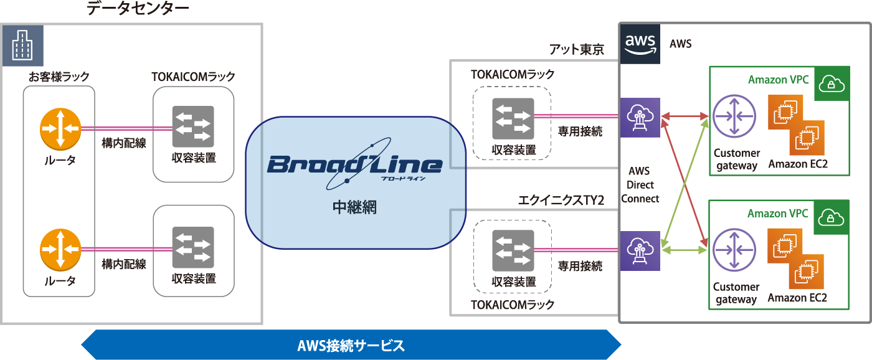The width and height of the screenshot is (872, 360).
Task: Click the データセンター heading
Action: pos(138,9)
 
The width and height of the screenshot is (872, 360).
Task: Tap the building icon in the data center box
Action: pos(22,45)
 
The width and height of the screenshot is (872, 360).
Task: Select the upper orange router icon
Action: pos(60,129)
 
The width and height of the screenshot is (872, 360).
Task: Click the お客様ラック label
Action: pos(59,77)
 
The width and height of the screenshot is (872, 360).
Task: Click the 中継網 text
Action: pos(354,207)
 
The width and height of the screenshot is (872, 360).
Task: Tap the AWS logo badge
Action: pos(640,44)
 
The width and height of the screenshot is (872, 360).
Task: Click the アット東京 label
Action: pos(577,50)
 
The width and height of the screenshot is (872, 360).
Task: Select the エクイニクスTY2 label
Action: pos(561,201)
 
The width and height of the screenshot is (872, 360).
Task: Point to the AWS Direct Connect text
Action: pos(640,185)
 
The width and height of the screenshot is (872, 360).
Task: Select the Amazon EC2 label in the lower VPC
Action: pos(797,298)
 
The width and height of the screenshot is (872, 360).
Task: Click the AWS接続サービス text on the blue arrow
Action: pos(351,345)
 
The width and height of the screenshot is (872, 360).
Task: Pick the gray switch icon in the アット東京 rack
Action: pos(513,119)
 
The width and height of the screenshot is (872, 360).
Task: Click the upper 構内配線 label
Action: pos(124,144)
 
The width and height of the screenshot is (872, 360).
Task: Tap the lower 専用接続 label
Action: pos(580,266)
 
